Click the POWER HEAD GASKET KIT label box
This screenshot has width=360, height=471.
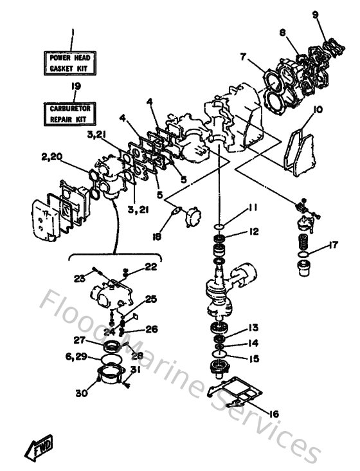click(71, 62)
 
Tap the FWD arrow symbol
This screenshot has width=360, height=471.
click(39, 445)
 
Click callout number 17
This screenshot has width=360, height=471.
click(333, 245)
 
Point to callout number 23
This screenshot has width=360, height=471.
click(80, 279)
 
